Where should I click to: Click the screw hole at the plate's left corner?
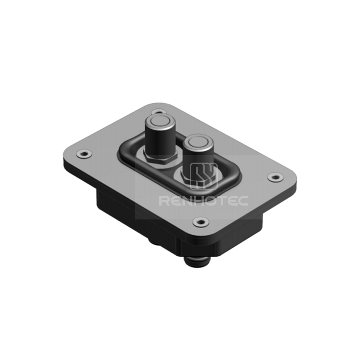tap(84, 153)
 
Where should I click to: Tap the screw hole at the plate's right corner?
tap(276, 177)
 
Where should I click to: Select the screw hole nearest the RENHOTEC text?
tap(201, 221)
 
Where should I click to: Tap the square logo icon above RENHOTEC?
tap(204, 176)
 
